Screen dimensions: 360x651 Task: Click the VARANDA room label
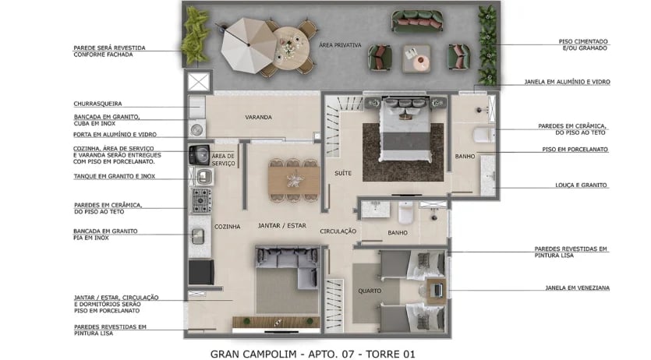pos(258,118)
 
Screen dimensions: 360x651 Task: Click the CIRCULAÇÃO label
pos(338,232)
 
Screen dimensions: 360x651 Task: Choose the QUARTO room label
pos(370,291)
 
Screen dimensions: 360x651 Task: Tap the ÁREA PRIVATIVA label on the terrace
pos(340,46)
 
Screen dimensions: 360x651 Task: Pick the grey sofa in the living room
pos(285,270)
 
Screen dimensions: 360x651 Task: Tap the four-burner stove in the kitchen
pos(202,200)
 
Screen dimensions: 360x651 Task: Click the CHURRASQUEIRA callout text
pos(97,104)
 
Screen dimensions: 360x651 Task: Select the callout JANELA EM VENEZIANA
pos(578,288)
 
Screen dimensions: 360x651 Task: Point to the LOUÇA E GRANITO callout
pos(574,185)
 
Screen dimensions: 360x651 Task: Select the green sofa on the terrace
pos(416,19)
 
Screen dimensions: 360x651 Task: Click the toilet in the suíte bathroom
pos(485,135)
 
